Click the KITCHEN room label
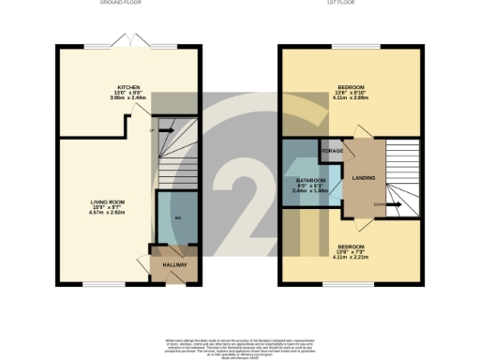[128, 87]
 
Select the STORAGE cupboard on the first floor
[330, 150]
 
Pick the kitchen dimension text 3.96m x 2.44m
[128, 98]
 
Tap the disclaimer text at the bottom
[239, 344]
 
